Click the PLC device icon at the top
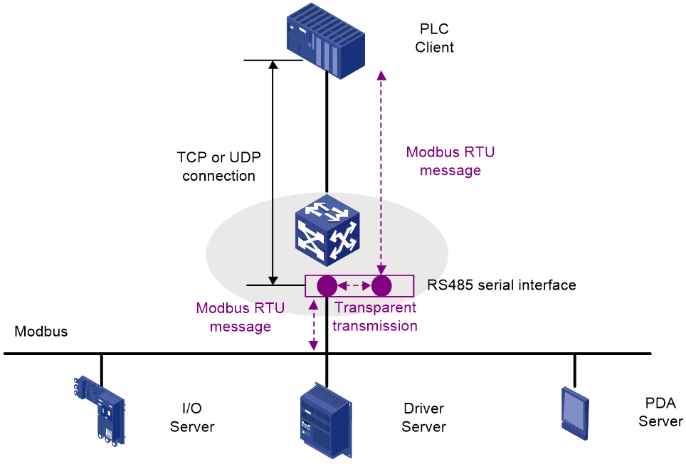coord(326,41)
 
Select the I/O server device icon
coord(100,411)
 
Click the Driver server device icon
coord(326,421)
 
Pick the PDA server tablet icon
coord(575,413)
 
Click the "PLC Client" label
coord(434,38)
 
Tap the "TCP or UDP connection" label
coord(218,167)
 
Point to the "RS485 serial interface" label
coord(502,285)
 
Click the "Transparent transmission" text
coord(375,317)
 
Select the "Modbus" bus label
coord(41,332)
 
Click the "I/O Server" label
coord(192,417)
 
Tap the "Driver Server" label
coord(423,417)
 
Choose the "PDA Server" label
coord(660,412)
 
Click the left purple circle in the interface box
coord(327,286)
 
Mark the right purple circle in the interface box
coord(381,286)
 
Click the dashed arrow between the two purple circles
coord(354,286)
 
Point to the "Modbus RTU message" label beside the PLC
coord(450,161)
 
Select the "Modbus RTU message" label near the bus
coord(241,317)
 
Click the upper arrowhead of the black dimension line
coord(273,65)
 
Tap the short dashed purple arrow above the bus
coord(313,325)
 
